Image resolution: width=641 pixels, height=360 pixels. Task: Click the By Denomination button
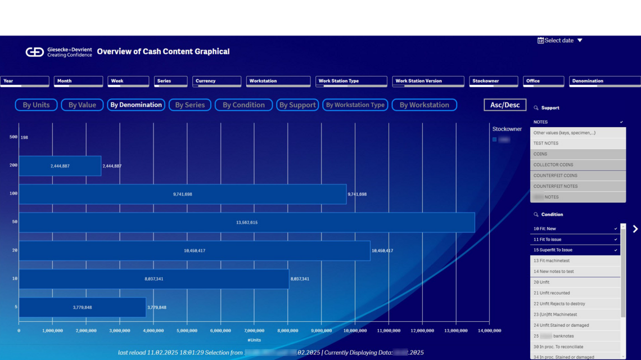pyautogui.click(x=136, y=105)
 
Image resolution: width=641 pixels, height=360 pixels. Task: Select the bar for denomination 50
pyautogui.click(x=246, y=222)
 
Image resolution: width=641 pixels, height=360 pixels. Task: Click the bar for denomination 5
pyautogui.click(x=82, y=307)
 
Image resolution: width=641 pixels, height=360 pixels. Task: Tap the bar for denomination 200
pyautogui.click(x=60, y=166)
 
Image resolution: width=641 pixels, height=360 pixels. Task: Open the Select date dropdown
pyautogui.click(x=560, y=40)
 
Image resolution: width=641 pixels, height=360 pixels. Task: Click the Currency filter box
pyautogui.click(x=216, y=82)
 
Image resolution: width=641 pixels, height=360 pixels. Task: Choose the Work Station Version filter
pyautogui.click(x=428, y=82)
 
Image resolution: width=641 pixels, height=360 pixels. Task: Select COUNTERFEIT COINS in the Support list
pyautogui.click(x=577, y=175)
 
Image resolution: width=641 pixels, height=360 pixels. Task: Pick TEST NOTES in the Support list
pyautogui.click(x=577, y=143)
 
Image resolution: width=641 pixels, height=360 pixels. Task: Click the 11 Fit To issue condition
pyautogui.click(x=575, y=240)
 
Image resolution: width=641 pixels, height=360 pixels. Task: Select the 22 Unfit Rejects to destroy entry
pyautogui.click(x=575, y=304)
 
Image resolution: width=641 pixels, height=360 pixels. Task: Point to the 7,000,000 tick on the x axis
pyautogui.click(x=254, y=331)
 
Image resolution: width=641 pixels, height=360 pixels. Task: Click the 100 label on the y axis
pyautogui.click(x=13, y=193)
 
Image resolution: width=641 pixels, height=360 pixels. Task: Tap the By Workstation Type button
pyautogui.click(x=355, y=105)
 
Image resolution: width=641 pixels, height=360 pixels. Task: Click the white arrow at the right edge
pyautogui.click(x=635, y=229)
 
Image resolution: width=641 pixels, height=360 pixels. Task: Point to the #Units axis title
pyautogui.click(x=254, y=340)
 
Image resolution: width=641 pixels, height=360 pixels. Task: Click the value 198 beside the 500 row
pyautogui.click(x=24, y=137)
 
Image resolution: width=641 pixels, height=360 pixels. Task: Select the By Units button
pyautogui.click(x=36, y=105)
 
